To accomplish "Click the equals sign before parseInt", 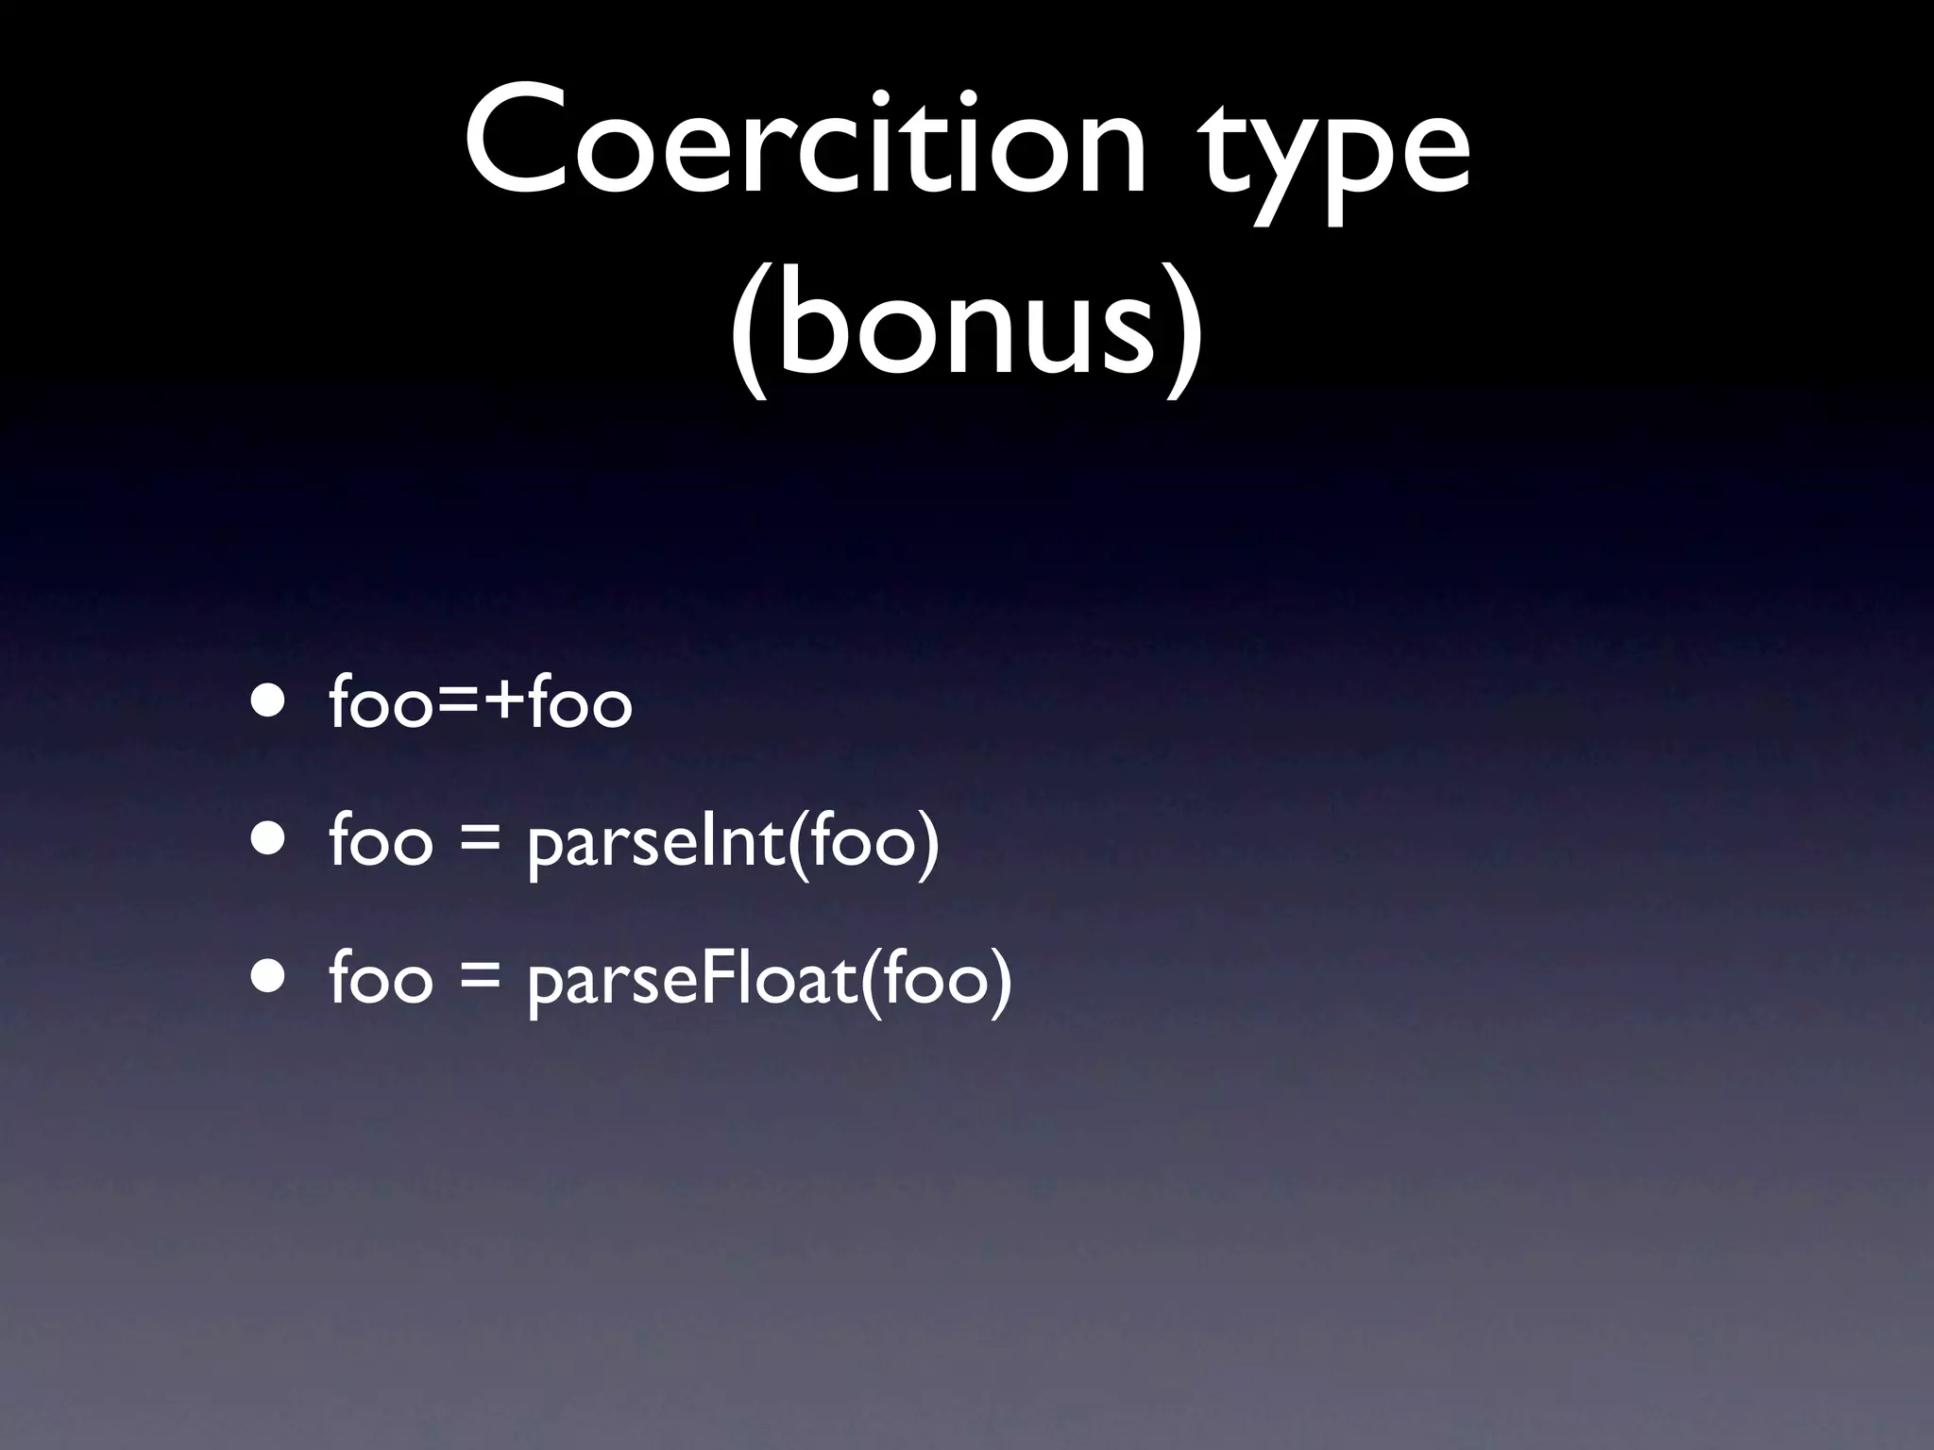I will coord(480,842).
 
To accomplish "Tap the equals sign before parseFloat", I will coord(480,980).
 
